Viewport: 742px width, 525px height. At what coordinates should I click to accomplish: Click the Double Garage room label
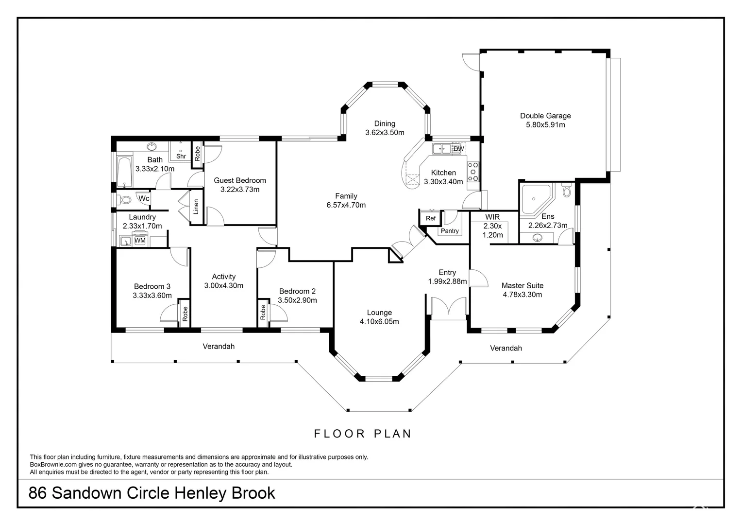click(x=545, y=116)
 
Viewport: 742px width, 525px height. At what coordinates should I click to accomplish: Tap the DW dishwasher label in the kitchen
click(x=458, y=149)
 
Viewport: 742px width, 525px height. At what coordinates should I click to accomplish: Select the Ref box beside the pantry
click(x=431, y=218)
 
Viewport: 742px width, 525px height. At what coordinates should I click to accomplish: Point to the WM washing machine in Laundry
click(x=140, y=241)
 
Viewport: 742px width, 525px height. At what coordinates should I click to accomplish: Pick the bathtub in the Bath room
click(x=125, y=172)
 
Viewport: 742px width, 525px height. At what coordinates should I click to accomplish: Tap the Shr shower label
click(x=181, y=156)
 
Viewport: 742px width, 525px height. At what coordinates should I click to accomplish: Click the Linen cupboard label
click(x=196, y=207)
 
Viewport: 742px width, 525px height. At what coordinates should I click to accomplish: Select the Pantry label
click(x=450, y=231)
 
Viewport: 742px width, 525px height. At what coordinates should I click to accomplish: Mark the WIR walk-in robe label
click(x=492, y=217)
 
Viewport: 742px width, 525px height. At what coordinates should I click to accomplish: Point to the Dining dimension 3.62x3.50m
click(x=385, y=132)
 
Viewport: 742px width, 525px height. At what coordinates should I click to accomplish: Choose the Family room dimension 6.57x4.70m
click(x=346, y=205)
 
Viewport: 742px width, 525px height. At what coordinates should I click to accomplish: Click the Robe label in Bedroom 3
click(x=185, y=314)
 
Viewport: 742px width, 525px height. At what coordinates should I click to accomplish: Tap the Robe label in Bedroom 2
click(x=263, y=312)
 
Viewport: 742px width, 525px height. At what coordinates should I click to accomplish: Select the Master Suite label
click(x=522, y=286)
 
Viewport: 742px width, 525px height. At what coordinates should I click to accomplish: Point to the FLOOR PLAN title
click(x=363, y=434)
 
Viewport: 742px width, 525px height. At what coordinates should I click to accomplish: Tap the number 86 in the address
click(x=38, y=493)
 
